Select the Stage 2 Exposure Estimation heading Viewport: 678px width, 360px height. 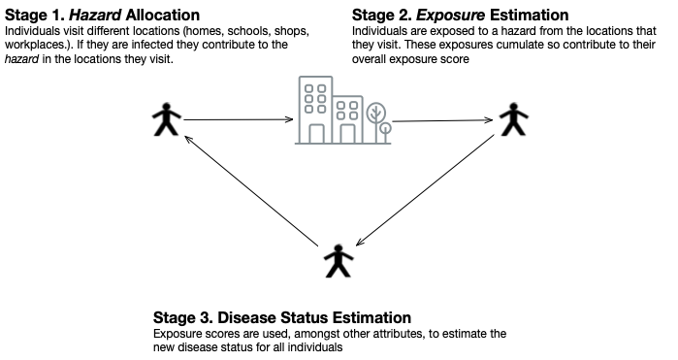tap(460, 16)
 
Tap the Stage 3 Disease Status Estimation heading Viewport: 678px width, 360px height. tap(282, 317)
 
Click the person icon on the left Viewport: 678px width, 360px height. tap(166, 120)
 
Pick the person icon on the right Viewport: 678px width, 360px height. tap(513, 119)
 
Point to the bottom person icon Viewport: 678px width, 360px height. tap(337, 260)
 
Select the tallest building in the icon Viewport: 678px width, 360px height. tap(314, 111)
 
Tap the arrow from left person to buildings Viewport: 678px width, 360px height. tap(239, 120)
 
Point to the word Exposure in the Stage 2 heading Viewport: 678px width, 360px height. tap(443, 16)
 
